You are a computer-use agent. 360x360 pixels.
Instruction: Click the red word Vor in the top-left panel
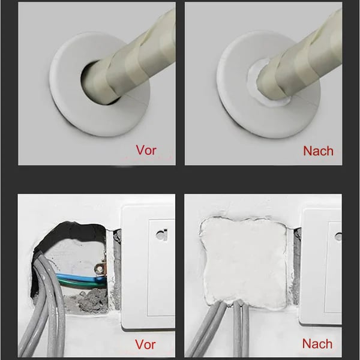pos(146,150)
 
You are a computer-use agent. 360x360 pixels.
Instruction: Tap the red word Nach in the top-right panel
pos(318,151)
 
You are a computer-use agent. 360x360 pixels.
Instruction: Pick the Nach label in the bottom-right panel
pos(317,344)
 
